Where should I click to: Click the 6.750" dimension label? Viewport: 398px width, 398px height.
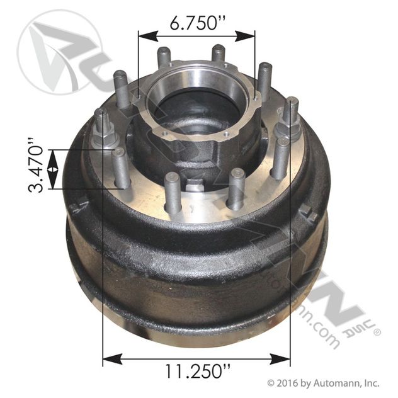(197, 25)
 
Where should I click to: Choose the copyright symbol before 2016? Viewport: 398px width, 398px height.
(272, 382)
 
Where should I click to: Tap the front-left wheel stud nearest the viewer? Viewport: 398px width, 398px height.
(171, 193)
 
